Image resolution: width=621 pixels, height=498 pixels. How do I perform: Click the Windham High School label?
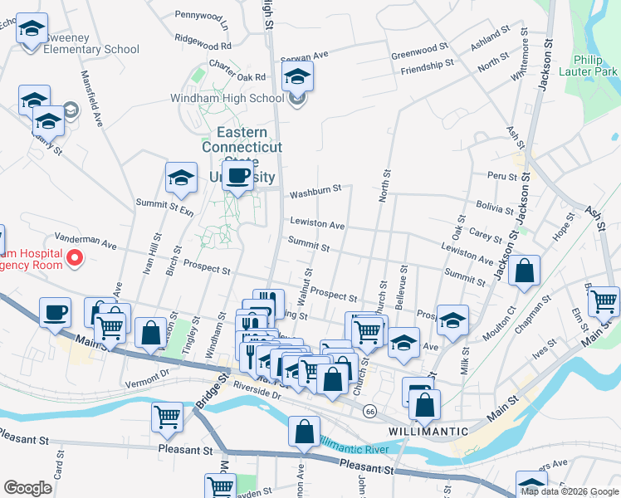pos(243,99)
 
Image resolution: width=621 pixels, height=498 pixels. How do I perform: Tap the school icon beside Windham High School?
pos(297,79)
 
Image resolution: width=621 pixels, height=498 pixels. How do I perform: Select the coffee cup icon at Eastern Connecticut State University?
pos(237,175)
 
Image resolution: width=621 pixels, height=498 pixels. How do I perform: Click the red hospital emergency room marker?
pos(74,257)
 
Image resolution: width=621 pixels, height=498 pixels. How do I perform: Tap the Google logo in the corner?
pos(27,488)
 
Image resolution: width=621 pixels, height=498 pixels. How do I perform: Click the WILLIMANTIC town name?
pos(428,432)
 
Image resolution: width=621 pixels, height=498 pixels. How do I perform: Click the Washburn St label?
pos(315,192)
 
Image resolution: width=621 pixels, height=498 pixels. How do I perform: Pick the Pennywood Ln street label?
pos(201,15)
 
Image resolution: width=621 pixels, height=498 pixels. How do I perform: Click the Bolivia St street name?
pos(496,204)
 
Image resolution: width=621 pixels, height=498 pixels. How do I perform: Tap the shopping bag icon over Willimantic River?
pos(305,432)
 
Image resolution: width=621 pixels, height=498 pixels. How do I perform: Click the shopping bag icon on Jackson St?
pos(525,271)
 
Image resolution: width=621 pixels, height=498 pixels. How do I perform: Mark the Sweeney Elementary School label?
pos(81,49)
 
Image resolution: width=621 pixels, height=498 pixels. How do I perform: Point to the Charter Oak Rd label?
pos(237,76)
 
